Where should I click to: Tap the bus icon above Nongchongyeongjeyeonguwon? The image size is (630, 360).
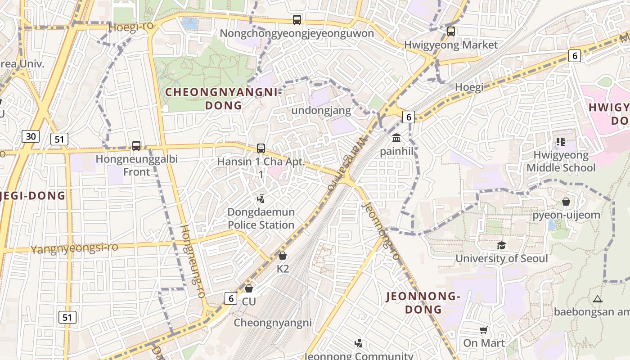point(297,20)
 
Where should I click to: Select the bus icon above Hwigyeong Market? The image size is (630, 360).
point(450,31)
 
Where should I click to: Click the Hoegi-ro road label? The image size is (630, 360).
point(131,27)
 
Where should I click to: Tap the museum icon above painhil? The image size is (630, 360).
point(396,138)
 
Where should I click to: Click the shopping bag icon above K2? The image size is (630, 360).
point(283,256)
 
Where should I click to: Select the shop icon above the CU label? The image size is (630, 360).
point(249,288)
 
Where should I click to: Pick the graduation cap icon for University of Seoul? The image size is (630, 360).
point(501,245)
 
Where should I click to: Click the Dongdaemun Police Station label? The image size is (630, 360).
point(261,218)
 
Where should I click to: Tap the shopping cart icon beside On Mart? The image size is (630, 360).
point(484,330)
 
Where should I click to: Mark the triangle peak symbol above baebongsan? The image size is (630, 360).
point(597,299)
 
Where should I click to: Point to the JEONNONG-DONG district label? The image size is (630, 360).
point(423,303)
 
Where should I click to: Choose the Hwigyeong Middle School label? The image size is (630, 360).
point(561,162)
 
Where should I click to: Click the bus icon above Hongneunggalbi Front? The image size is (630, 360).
point(136,146)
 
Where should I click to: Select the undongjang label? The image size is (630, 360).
point(321,110)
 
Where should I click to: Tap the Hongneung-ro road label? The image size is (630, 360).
point(193,261)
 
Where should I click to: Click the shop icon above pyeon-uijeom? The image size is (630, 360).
point(566,202)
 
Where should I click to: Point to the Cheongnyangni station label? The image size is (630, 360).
point(273,323)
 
